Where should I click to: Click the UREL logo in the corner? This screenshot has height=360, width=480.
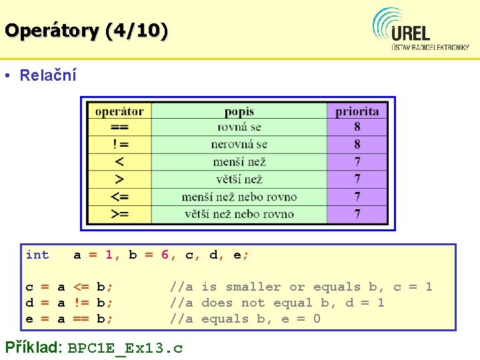click(x=421, y=30)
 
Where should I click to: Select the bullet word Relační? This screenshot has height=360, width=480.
click(x=48, y=75)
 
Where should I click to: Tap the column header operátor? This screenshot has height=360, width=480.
click(x=119, y=111)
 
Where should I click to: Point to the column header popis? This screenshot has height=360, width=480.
click(x=239, y=111)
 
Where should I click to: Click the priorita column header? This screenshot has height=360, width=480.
click(x=357, y=111)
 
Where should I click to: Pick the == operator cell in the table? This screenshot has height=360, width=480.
click(x=119, y=127)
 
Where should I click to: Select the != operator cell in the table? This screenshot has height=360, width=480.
click(x=119, y=144)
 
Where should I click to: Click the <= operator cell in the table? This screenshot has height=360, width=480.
click(x=119, y=197)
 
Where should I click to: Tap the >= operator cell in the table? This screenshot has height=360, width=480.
click(x=119, y=214)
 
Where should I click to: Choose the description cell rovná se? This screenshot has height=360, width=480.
click(x=239, y=127)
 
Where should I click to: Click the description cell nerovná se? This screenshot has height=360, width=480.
click(x=239, y=144)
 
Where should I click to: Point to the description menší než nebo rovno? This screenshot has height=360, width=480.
click(x=239, y=197)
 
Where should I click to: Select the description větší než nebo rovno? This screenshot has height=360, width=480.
click(x=239, y=214)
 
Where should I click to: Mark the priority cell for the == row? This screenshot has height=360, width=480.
click(x=357, y=127)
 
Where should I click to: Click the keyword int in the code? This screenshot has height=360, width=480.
click(x=37, y=255)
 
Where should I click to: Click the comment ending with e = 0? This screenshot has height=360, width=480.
click(x=245, y=319)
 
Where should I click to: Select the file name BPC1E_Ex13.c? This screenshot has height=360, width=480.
click(x=125, y=348)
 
